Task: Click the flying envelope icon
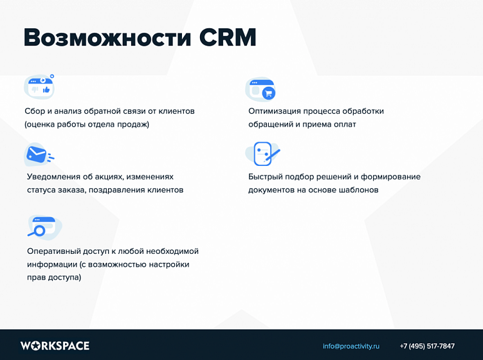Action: (x=38, y=154)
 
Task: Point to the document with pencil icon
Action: (x=263, y=154)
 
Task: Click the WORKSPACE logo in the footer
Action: (x=55, y=346)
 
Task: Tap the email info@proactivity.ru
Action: (x=351, y=346)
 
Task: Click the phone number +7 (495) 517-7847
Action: (x=427, y=346)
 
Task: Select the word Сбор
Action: (x=36, y=111)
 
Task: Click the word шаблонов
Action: (x=358, y=190)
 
